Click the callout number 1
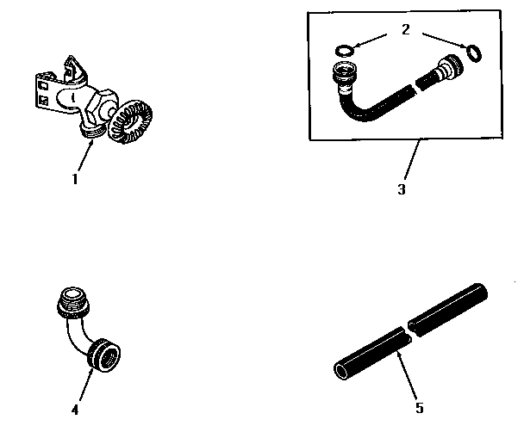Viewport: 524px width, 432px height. (75, 181)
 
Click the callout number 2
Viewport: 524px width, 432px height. (404, 29)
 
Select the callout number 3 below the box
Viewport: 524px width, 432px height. (401, 189)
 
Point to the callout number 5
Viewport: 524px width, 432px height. (419, 408)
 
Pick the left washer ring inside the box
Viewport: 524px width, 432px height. (342, 51)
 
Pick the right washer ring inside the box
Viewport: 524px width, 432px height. (473, 54)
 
